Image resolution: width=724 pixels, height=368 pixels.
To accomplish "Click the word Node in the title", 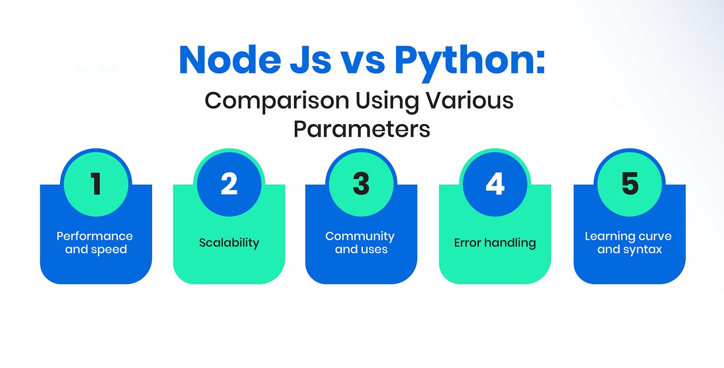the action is click(230, 60).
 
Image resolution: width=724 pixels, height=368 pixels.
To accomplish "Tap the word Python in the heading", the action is click(470, 63).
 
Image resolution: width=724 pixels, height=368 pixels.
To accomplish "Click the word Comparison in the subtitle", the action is click(277, 101).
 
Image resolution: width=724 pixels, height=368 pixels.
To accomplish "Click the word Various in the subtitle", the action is click(469, 100).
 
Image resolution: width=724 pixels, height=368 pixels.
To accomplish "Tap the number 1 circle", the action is click(96, 184).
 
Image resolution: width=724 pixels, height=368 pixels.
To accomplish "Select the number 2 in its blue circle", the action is click(229, 183).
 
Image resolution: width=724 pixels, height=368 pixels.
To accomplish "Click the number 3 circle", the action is click(361, 184).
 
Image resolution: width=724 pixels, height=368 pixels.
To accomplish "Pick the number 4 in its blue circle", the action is click(495, 183).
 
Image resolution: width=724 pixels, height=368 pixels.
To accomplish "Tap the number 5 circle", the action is click(630, 184).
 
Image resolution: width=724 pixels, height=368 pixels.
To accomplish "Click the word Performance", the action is click(95, 236).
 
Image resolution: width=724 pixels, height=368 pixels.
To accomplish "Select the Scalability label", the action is click(229, 243).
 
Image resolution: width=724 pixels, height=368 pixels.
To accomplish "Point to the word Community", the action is click(360, 237).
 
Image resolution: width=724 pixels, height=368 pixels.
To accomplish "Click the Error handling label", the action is click(495, 243).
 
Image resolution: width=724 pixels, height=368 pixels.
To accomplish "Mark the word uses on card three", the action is click(375, 250).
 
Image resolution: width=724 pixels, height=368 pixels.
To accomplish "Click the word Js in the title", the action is click(311, 60).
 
